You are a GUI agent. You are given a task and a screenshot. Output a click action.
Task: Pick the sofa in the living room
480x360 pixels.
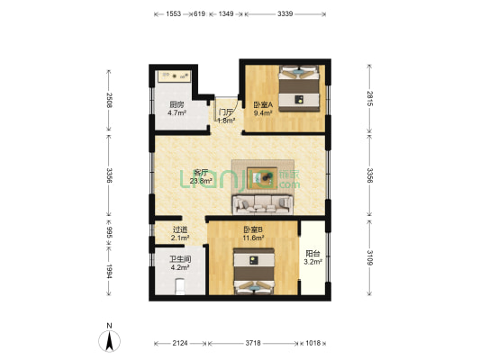coord(266,202)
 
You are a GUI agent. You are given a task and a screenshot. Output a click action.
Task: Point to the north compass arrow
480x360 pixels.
coord(109,339)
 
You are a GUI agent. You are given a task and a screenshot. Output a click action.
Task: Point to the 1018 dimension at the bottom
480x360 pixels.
coord(312,343)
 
